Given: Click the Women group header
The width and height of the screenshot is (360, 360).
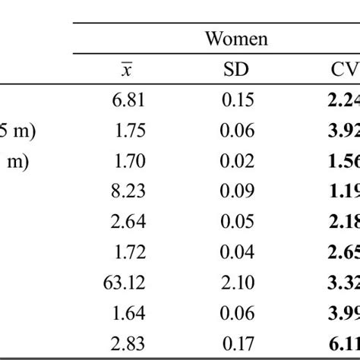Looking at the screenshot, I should point(237,38).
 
